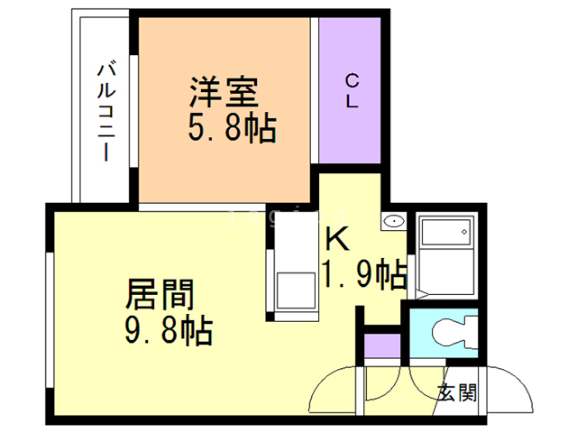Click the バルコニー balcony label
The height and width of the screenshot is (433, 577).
pyautogui.click(x=105, y=110)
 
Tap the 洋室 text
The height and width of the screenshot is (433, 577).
pyautogui.click(x=224, y=92)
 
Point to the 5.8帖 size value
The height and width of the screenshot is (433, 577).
pyautogui.click(x=231, y=128)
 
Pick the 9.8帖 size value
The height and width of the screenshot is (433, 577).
pyautogui.click(x=169, y=330)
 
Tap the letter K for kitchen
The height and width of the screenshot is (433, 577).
pyautogui.click(x=336, y=239)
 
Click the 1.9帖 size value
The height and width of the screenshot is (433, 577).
pyautogui.click(x=363, y=273)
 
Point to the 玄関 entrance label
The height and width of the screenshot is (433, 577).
pyautogui.click(x=455, y=392)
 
